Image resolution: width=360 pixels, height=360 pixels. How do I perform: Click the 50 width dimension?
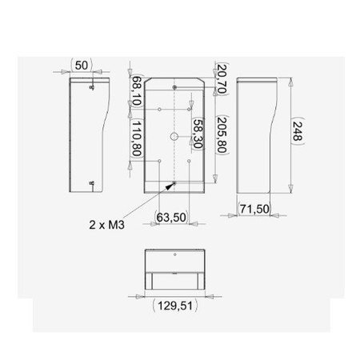[82, 64]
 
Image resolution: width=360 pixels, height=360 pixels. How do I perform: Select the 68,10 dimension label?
[136, 91]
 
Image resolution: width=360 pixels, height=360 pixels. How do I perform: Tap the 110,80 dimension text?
[136, 138]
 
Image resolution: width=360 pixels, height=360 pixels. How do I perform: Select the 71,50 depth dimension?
[256, 210]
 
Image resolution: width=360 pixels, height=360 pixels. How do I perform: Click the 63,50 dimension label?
[170, 216]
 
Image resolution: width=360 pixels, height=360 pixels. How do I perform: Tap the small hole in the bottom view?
[175, 257]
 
